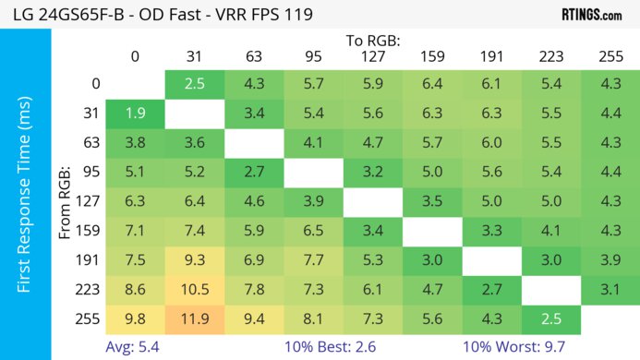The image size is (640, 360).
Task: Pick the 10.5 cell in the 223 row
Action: pos(194,288)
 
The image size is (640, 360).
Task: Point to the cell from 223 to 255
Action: pos(610,288)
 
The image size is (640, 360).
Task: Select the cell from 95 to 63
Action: pos(253,172)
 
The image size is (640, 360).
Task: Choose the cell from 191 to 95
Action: pos(313,259)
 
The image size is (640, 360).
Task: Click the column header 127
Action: pos(372,57)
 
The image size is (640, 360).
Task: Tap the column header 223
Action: pos(551,57)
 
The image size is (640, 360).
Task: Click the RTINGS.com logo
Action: pos(590,15)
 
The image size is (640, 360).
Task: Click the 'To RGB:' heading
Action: pos(373,41)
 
